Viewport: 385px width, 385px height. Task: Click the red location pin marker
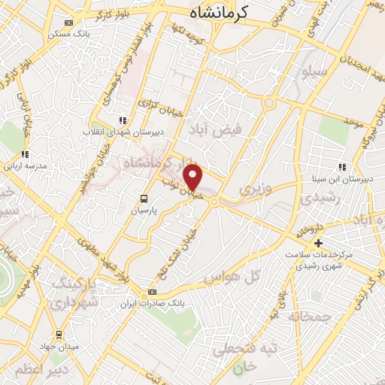click(x=194, y=177)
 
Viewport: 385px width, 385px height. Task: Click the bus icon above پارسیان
click(x=143, y=199)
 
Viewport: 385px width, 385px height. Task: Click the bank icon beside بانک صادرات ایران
click(x=153, y=292)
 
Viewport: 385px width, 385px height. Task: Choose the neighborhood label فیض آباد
click(x=213, y=130)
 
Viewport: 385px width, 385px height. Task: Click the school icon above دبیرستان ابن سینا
click(x=341, y=168)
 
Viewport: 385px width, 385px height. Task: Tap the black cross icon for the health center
click(x=318, y=243)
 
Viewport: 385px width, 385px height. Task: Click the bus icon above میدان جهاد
click(x=58, y=334)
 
